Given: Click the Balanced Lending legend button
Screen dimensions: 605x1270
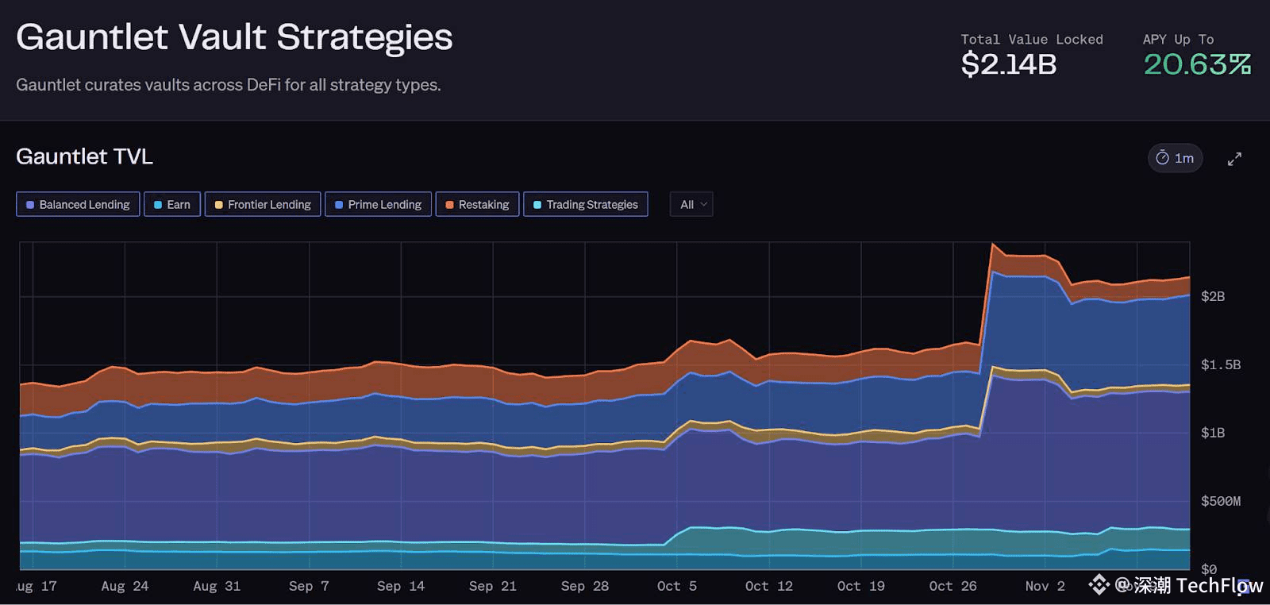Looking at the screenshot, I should pyautogui.click(x=78, y=204).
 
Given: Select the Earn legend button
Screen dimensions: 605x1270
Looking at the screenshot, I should pyautogui.click(x=172, y=204).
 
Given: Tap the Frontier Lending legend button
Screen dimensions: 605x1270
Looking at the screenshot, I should pyautogui.click(x=263, y=204).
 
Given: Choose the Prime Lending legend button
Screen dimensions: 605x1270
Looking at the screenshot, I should pyautogui.click(x=378, y=204).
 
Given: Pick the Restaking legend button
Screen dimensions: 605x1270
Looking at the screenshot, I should pyautogui.click(x=477, y=204).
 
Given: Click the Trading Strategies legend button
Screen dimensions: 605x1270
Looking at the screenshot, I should pyautogui.click(x=585, y=204).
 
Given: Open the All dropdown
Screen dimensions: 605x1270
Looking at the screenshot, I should pyautogui.click(x=691, y=204).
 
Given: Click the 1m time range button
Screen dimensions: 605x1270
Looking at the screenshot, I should pyautogui.click(x=1175, y=158).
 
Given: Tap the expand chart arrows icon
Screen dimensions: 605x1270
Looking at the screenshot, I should pyautogui.click(x=1234, y=159).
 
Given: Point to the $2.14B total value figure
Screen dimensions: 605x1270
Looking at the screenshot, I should pyautogui.click(x=1008, y=64).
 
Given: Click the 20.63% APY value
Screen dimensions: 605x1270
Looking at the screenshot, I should pyautogui.click(x=1197, y=64).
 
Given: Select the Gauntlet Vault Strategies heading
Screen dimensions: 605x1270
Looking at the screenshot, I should pyautogui.click(x=234, y=37).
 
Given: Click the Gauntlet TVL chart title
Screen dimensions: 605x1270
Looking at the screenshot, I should pyautogui.click(x=84, y=156).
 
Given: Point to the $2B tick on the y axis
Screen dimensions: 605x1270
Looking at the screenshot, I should pyautogui.click(x=1212, y=296).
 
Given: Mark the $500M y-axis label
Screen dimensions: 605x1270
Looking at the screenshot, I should pyautogui.click(x=1220, y=501).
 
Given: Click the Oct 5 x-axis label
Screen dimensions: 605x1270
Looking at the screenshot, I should pyautogui.click(x=676, y=586).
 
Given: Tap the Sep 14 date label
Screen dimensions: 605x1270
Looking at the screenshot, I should pyautogui.click(x=401, y=586).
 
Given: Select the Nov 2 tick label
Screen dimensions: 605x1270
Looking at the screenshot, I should pyautogui.click(x=1045, y=586).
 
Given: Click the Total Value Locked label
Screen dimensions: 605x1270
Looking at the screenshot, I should pyautogui.click(x=1031, y=39).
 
